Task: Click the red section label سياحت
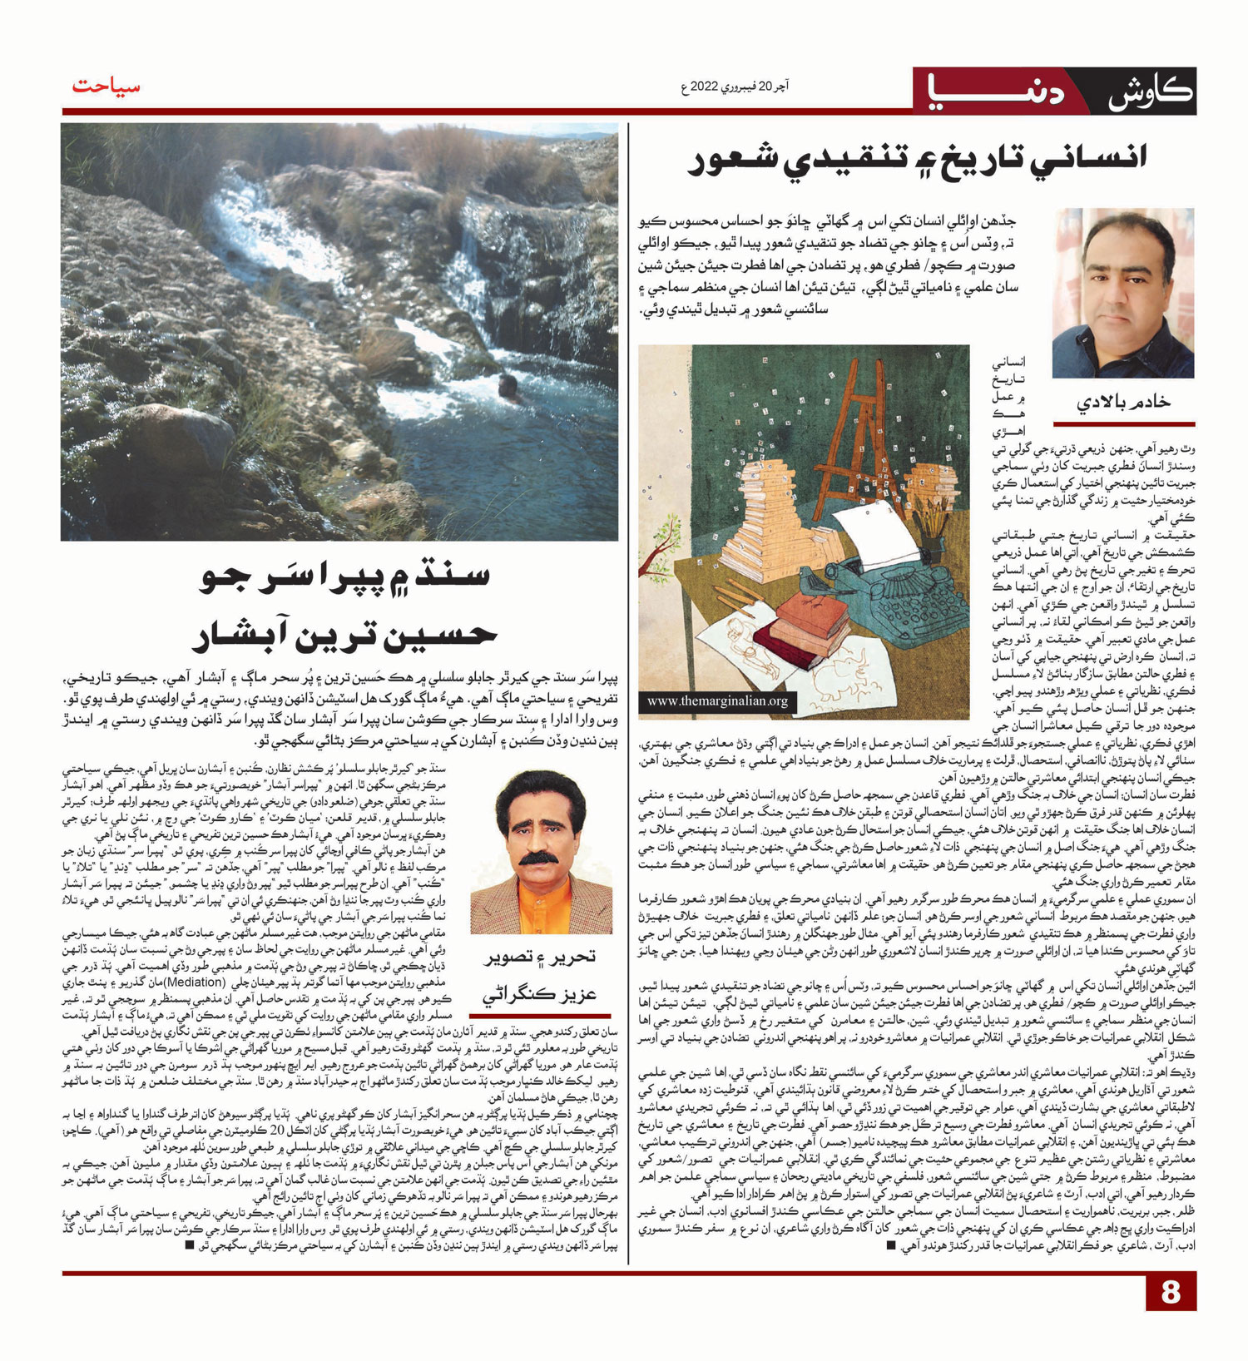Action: [x=106, y=87]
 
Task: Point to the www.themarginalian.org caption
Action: [x=717, y=701]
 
